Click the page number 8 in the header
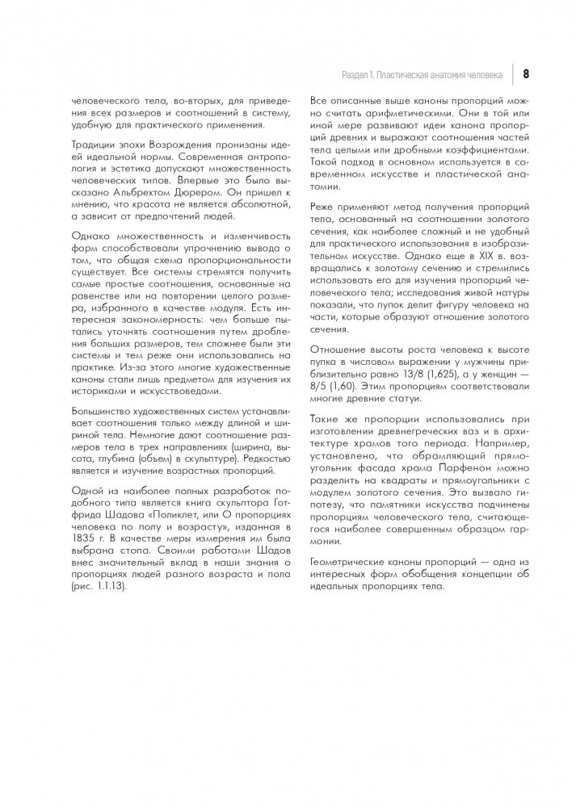pyautogui.click(x=526, y=74)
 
